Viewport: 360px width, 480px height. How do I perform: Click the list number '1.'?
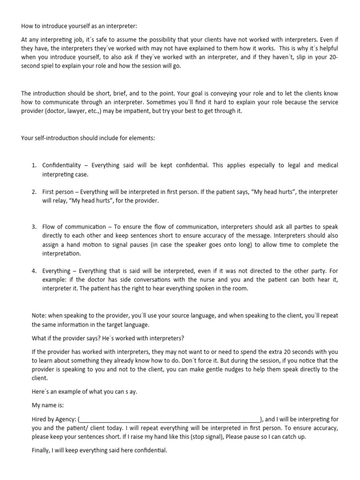tap(34, 165)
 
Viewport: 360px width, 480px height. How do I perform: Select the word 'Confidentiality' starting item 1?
tap(64, 165)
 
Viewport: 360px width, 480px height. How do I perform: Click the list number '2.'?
tap(34, 192)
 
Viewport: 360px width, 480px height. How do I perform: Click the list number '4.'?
tap(34, 271)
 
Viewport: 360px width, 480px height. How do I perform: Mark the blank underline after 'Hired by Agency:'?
tap(171, 419)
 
